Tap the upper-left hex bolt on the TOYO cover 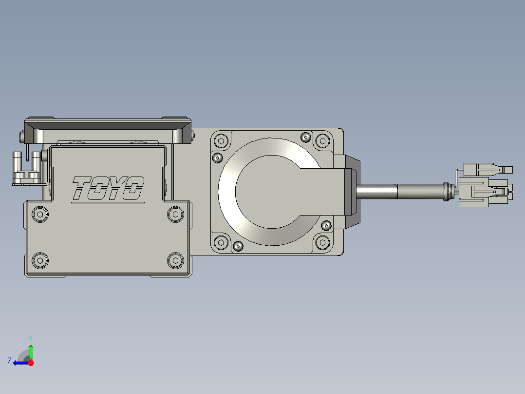40,214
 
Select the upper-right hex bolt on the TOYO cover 175,214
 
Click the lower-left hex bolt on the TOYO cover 40,260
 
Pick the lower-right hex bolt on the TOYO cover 175,260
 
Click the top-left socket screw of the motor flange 221,141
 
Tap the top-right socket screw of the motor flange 322,141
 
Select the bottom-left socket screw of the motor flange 221,242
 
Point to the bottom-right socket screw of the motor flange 322,242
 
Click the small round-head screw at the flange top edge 306,137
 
